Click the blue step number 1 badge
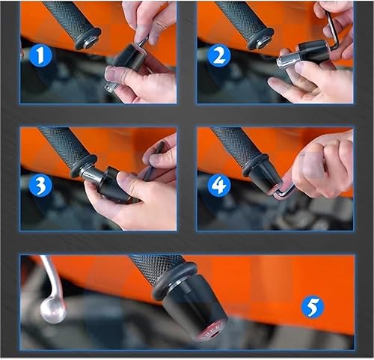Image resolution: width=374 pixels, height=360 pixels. point(40,55)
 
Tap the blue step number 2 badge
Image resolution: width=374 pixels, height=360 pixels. point(218,55)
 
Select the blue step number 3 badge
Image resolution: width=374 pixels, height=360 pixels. point(40,186)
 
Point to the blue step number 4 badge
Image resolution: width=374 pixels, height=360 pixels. point(218,185)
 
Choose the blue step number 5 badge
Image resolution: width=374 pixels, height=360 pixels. point(313,307)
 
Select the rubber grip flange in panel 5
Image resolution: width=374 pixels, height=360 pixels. point(174,281)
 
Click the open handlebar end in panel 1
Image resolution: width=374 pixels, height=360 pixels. point(88,40)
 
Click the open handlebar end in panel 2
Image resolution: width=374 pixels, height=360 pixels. point(260,40)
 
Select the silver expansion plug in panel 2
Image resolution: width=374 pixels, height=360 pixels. point(286,62)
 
